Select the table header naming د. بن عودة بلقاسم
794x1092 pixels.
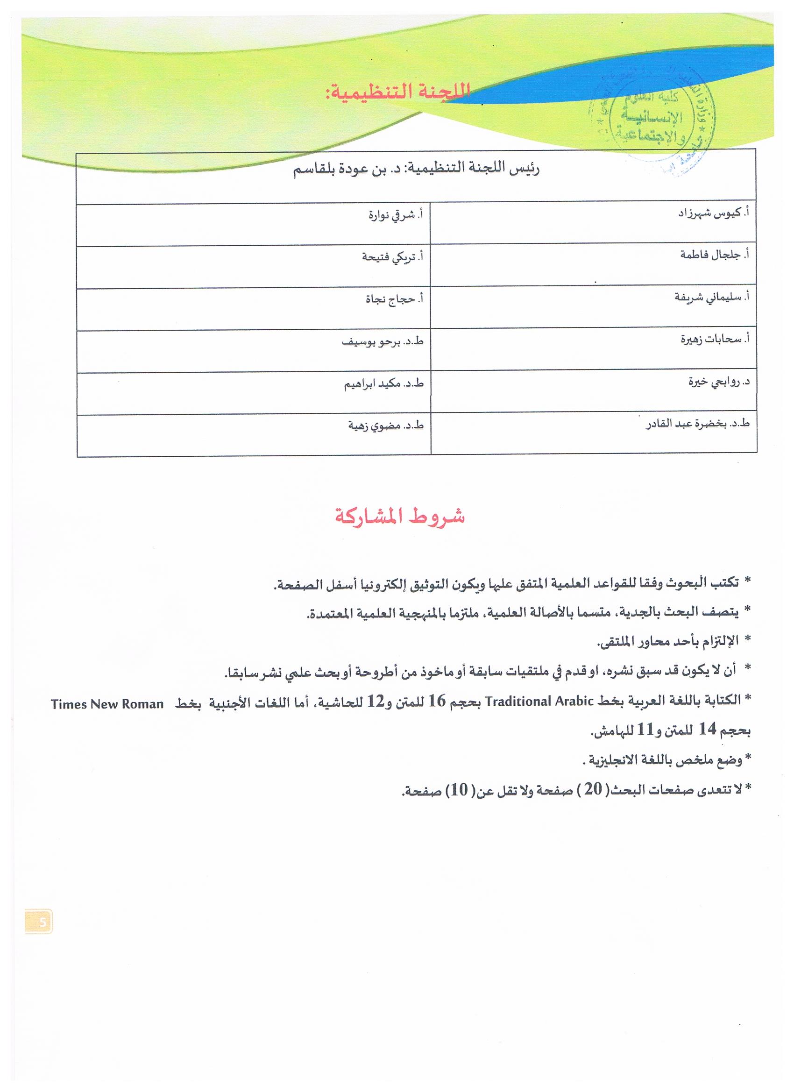pyautogui.click(x=417, y=170)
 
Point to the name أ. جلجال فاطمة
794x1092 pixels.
pyautogui.click(x=715, y=255)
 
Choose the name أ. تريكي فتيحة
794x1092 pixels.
pyautogui.click(x=392, y=257)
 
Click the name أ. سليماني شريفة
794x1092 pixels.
pyautogui.click(x=712, y=297)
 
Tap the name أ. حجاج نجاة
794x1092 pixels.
pyautogui.click(x=394, y=299)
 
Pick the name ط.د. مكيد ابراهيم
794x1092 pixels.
pyautogui.click(x=383, y=384)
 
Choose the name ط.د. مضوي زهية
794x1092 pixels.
pyautogui.click(x=386, y=426)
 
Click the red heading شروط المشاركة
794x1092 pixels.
pyautogui.click(x=400, y=517)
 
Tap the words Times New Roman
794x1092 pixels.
pyautogui.click(x=107, y=704)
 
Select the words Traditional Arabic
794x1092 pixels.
pyautogui.click(x=539, y=701)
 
